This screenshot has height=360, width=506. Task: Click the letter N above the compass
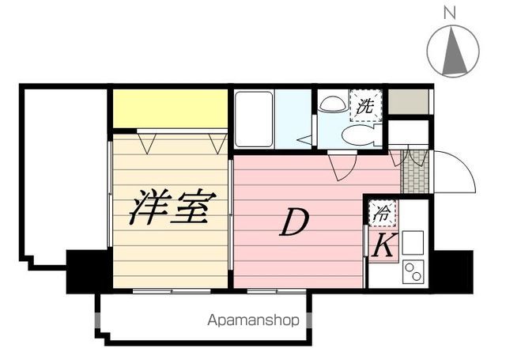[x=450, y=12]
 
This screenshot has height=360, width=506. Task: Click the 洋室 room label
[x=170, y=209]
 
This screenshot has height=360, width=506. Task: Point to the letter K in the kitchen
[x=383, y=246]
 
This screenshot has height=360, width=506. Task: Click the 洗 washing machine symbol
[x=366, y=105]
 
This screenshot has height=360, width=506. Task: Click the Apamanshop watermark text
[x=254, y=321]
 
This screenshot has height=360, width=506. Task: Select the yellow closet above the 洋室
[x=168, y=108]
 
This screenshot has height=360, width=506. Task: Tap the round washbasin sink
[x=330, y=103]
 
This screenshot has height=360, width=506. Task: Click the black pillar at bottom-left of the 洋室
[x=87, y=271]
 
